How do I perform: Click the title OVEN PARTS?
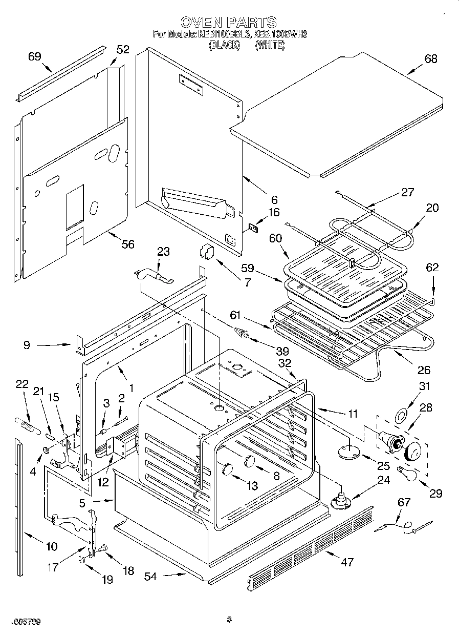coord(229,22)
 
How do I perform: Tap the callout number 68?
coord(431,59)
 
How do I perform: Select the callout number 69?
coord(34,57)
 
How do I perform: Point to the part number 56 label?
coord(127,244)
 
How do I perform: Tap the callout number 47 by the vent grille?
coord(347,562)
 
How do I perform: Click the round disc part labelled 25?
coord(347,452)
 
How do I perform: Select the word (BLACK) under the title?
coord(224,45)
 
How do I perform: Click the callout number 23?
coord(163,252)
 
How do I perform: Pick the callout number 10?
coord(51,546)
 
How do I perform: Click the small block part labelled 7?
coord(206,252)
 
